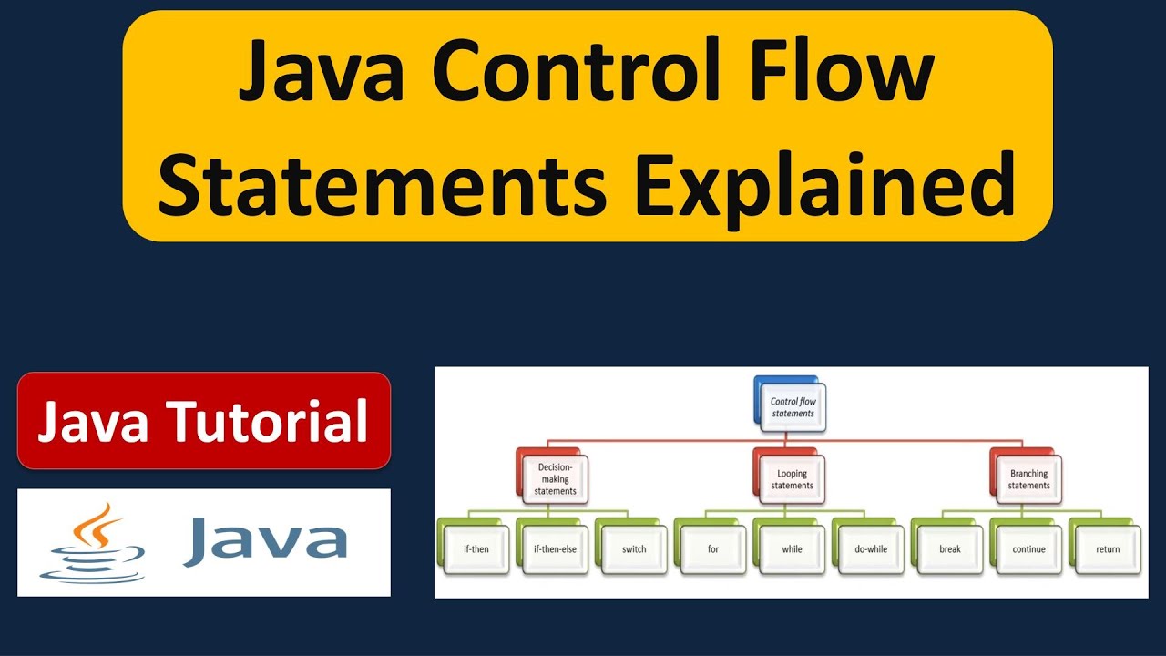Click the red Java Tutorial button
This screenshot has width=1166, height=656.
[204, 421]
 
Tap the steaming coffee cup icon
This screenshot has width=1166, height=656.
[92, 543]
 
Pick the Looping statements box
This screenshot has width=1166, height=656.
[792, 479]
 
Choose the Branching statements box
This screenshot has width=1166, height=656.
[1028, 479]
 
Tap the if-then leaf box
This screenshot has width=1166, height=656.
[475, 549]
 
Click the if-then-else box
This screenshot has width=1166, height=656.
[555, 549]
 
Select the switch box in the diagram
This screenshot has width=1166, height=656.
[633, 549]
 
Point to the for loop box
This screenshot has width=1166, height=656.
[712, 549]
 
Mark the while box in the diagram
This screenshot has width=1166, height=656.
[792, 549]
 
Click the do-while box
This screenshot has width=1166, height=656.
[870, 549]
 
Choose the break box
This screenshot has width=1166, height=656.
[950, 549]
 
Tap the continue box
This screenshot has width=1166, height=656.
[1028, 549]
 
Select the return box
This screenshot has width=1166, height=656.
[1108, 549]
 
